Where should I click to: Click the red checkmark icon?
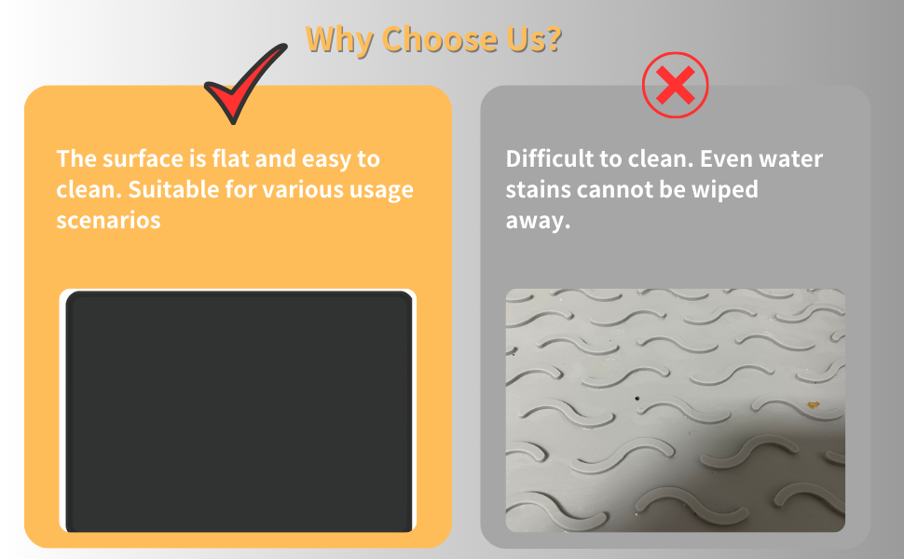point(244,86)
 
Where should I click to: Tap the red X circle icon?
point(676,87)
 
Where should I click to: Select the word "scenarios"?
point(108,222)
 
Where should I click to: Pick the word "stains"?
point(538,190)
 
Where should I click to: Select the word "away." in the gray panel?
point(538,222)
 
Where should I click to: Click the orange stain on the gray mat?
point(814,405)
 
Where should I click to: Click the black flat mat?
point(239,412)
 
